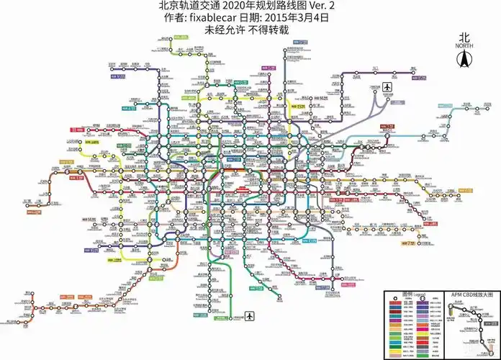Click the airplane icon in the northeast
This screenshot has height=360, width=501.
[387, 88]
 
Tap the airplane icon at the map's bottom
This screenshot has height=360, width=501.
[250, 316]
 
